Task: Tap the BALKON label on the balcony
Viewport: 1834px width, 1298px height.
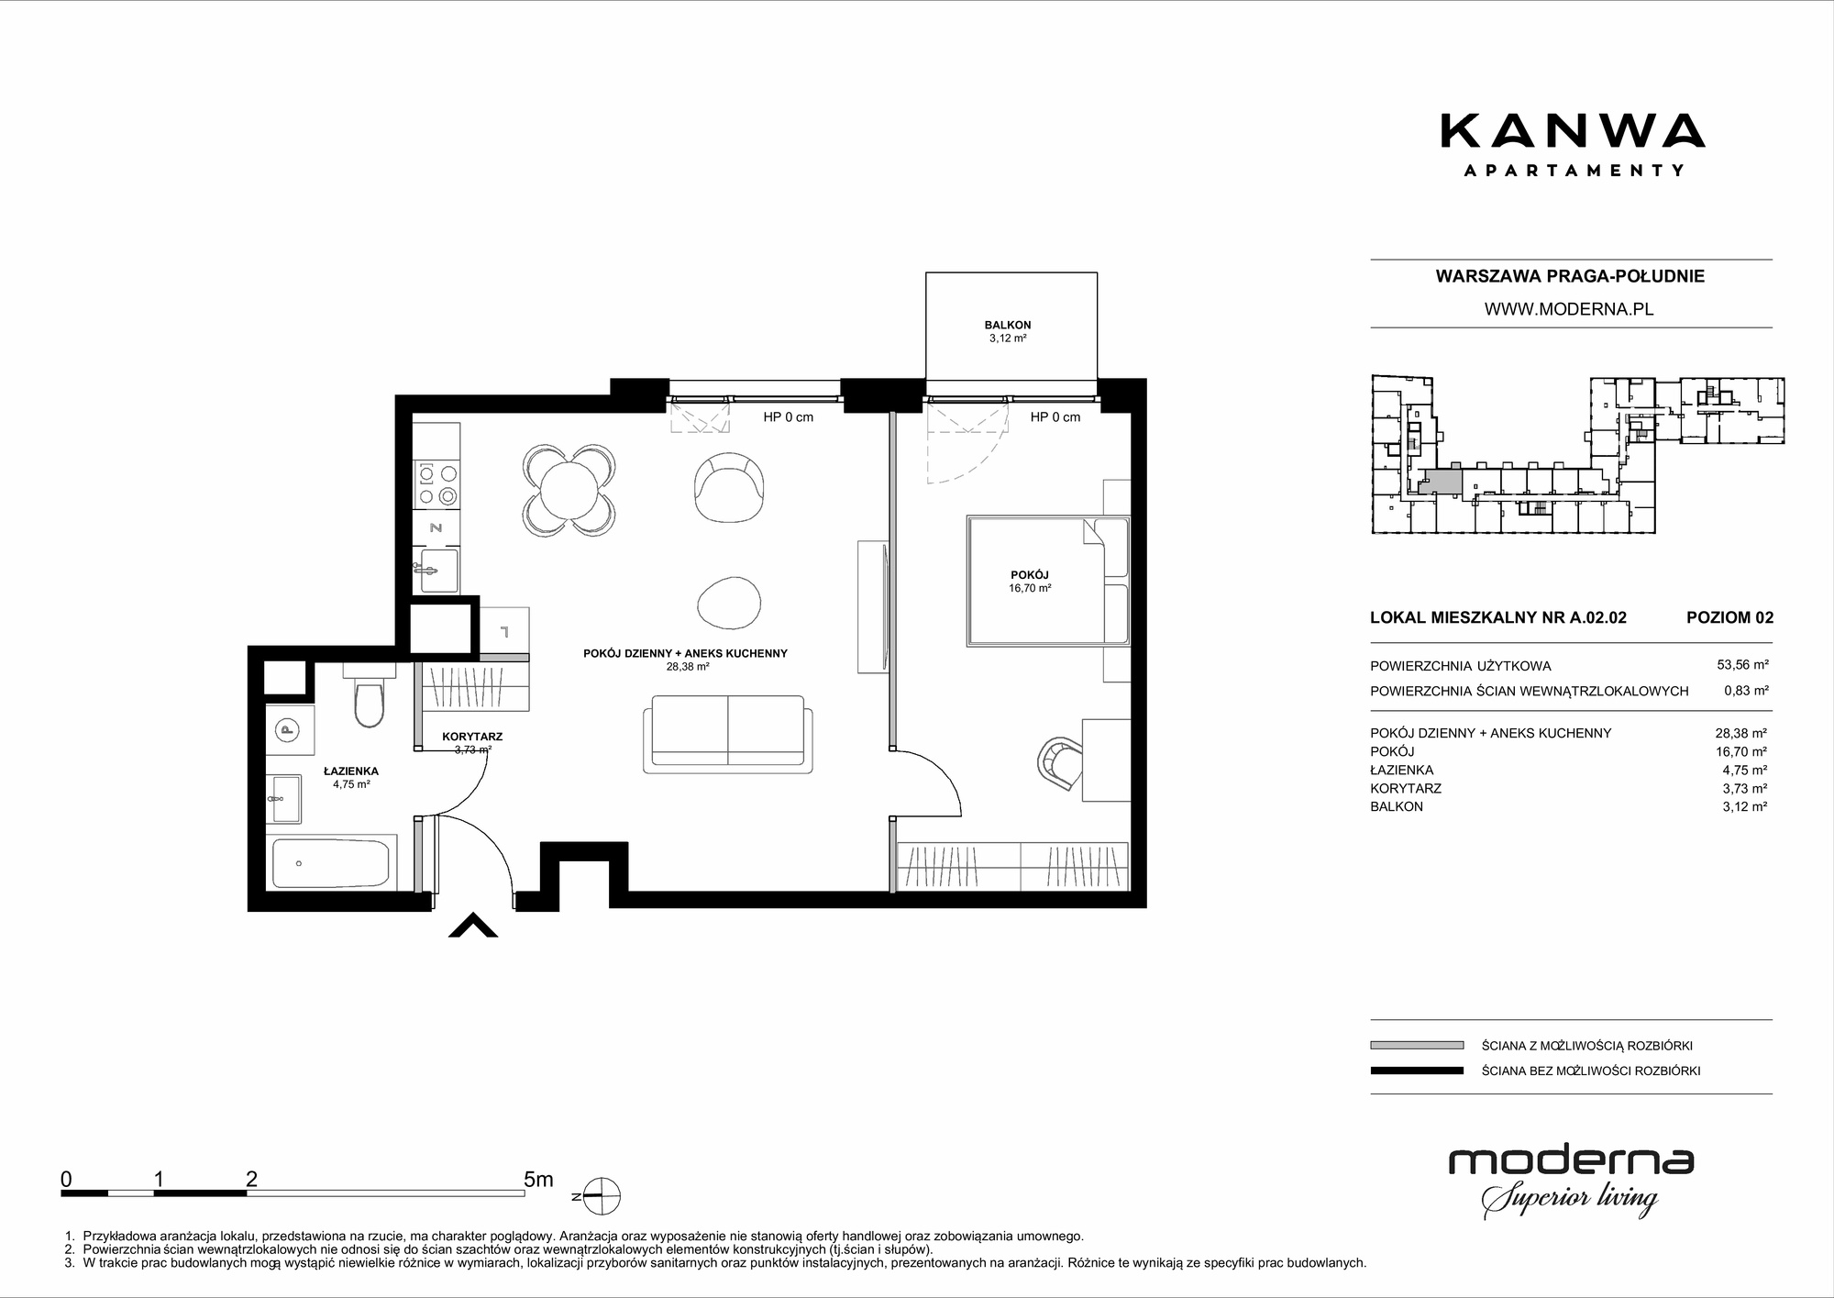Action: (1008, 325)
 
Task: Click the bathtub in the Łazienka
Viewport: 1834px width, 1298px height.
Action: (332, 862)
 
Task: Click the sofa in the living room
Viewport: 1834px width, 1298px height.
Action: (728, 732)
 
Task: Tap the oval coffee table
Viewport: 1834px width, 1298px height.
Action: (729, 603)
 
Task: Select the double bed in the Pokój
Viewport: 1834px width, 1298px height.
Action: (1047, 580)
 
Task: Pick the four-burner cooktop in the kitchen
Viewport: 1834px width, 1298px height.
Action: (436, 484)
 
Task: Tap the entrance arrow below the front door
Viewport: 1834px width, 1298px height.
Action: (473, 926)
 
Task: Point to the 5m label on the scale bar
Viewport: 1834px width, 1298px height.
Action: (538, 1179)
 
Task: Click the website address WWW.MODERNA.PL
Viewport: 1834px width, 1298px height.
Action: (1569, 309)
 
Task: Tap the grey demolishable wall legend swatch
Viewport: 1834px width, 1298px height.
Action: (1417, 1045)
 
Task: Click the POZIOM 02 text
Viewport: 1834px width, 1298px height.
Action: (1729, 617)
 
